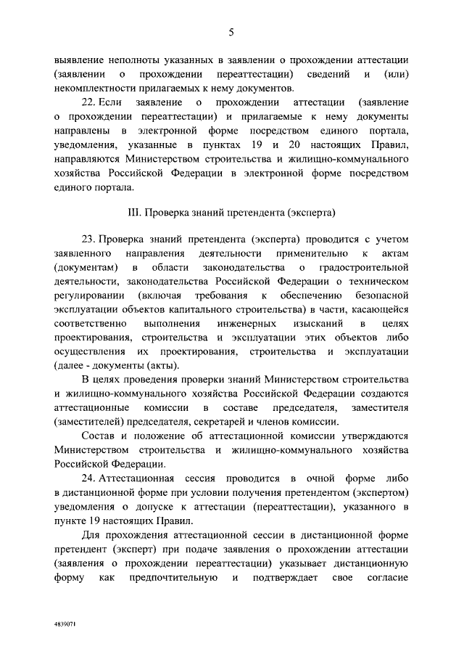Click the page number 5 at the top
pos(231,31)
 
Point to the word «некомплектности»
pos(95,87)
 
